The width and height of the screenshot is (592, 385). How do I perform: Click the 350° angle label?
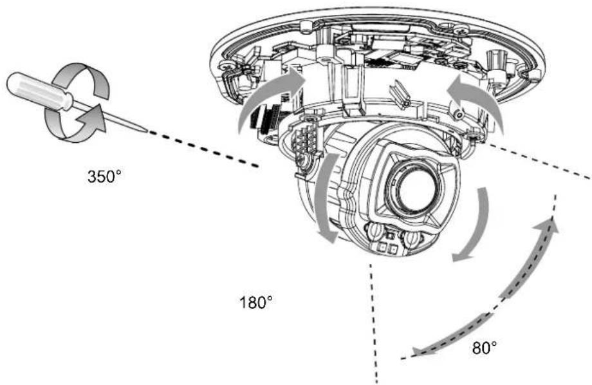(x=105, y=176)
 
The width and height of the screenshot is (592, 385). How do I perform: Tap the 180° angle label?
(x=256, y=302)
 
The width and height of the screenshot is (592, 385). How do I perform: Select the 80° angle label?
(x=485, y=348)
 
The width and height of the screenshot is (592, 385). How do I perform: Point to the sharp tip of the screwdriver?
(x=146, y=132)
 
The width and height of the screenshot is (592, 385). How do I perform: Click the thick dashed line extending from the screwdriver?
(x=204, y=149)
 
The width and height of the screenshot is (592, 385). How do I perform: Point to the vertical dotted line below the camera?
(x=374, y=323)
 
